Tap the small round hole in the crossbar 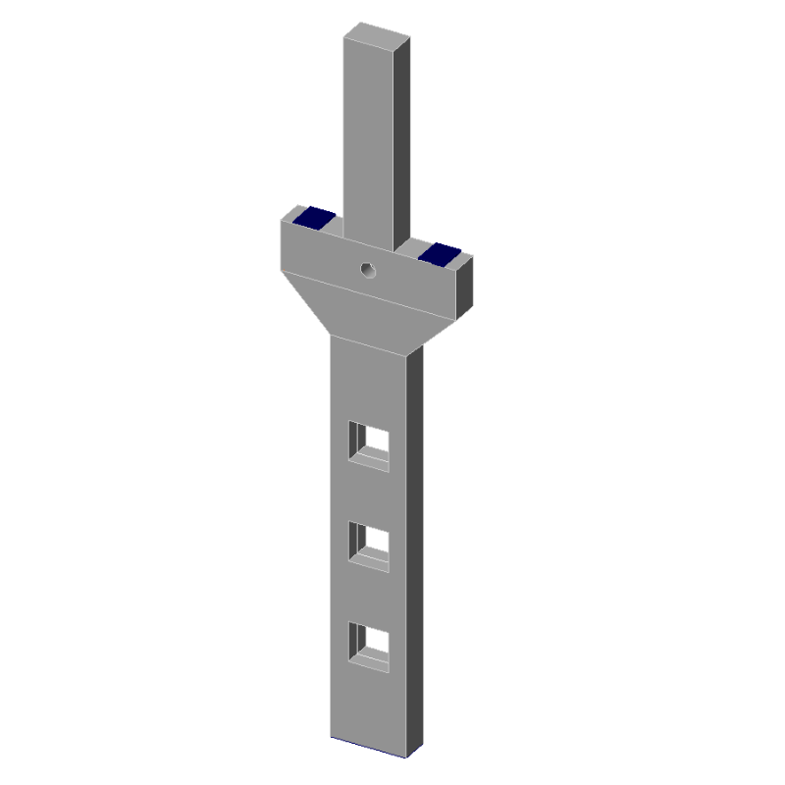click(x=368, y=269)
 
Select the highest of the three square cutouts click(x=370, y=445)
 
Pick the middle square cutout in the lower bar click(x=370, y=547)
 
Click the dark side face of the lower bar click(x=416, y=549)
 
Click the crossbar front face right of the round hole click(x=417, y=285)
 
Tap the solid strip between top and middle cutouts click(x=370, y=496)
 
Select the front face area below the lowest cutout click(x=370, y=706)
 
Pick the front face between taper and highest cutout click(x=370, y=383)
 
